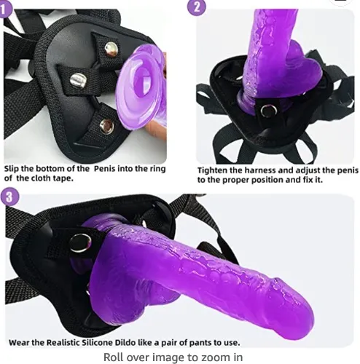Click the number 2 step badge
coord(195,7)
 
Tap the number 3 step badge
coord(8,196)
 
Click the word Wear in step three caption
coord(22,341)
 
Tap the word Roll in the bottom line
coord(115,356)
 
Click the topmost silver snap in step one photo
coord(111,49)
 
